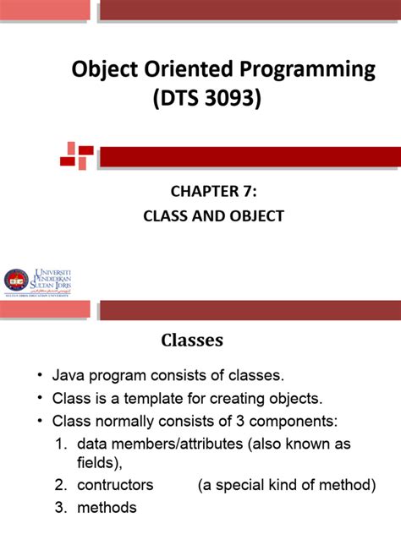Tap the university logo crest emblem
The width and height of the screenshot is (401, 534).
coord(15,280)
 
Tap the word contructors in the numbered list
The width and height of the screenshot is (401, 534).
coord(115,485)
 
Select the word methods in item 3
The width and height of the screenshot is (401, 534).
coord(107,508)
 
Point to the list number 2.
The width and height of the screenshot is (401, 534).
coord(60,485)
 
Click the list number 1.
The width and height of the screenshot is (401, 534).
coord(60,444)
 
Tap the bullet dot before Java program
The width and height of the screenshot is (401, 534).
coord(39,375)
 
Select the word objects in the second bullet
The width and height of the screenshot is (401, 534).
coord(301,398)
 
